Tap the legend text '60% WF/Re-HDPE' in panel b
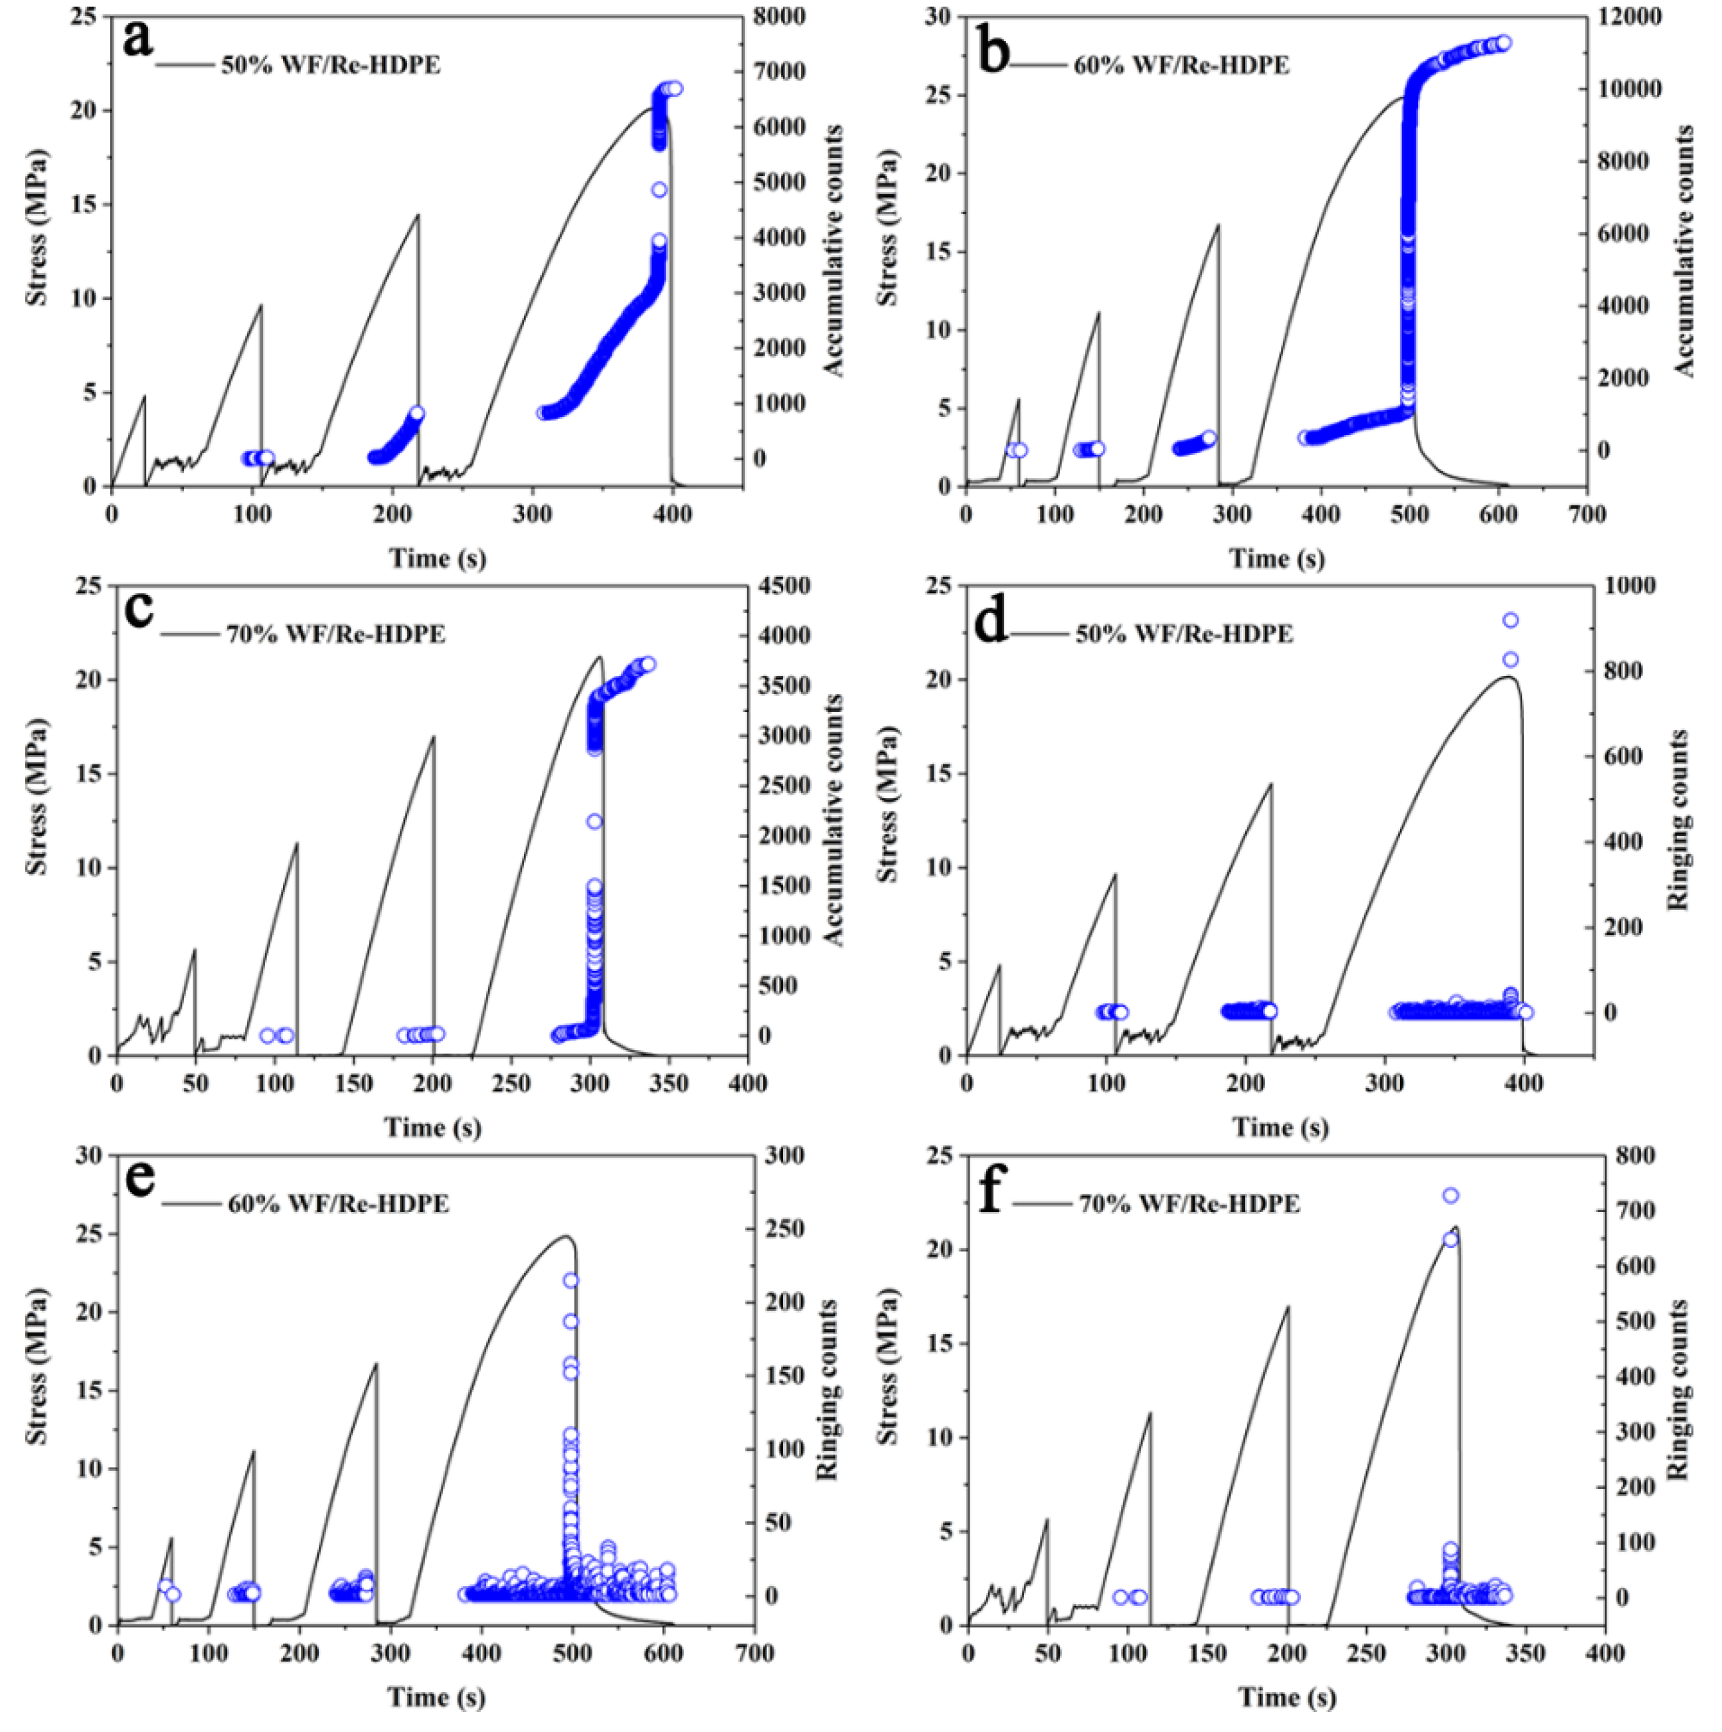pyautogui.click(x=1181, y=66)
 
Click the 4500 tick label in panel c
pyautogui.click(x=781, y=585)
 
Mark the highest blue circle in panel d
pyautogui.click(x=1509, y=620)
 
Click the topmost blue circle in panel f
pyautogui.click(x=1450, y=1195)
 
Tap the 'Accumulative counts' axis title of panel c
pyautogui.click(x=833, y=820)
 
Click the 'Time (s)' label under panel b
pyautogui.click(x=1276, y=559)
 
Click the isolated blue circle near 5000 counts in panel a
pyautogui.click(x=659, y=190)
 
